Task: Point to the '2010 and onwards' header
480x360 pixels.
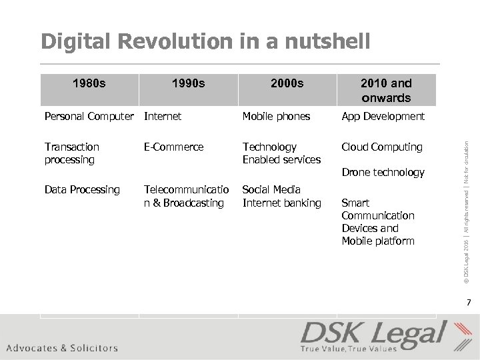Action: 386,90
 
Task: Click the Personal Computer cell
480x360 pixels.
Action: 89,117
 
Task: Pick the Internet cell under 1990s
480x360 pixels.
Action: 163,117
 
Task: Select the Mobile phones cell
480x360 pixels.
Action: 276,117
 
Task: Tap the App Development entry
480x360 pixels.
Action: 383,117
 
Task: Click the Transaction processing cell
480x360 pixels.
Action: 71,153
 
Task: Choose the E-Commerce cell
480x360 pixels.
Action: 173,147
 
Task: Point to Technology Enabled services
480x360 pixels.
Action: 281,153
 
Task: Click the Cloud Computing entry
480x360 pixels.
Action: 381,147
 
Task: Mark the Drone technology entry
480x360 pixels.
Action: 383,173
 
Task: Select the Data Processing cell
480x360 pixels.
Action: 82,190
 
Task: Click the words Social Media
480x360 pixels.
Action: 271,190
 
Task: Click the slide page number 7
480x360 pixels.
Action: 468,303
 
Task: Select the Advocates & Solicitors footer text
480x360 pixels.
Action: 62,347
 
